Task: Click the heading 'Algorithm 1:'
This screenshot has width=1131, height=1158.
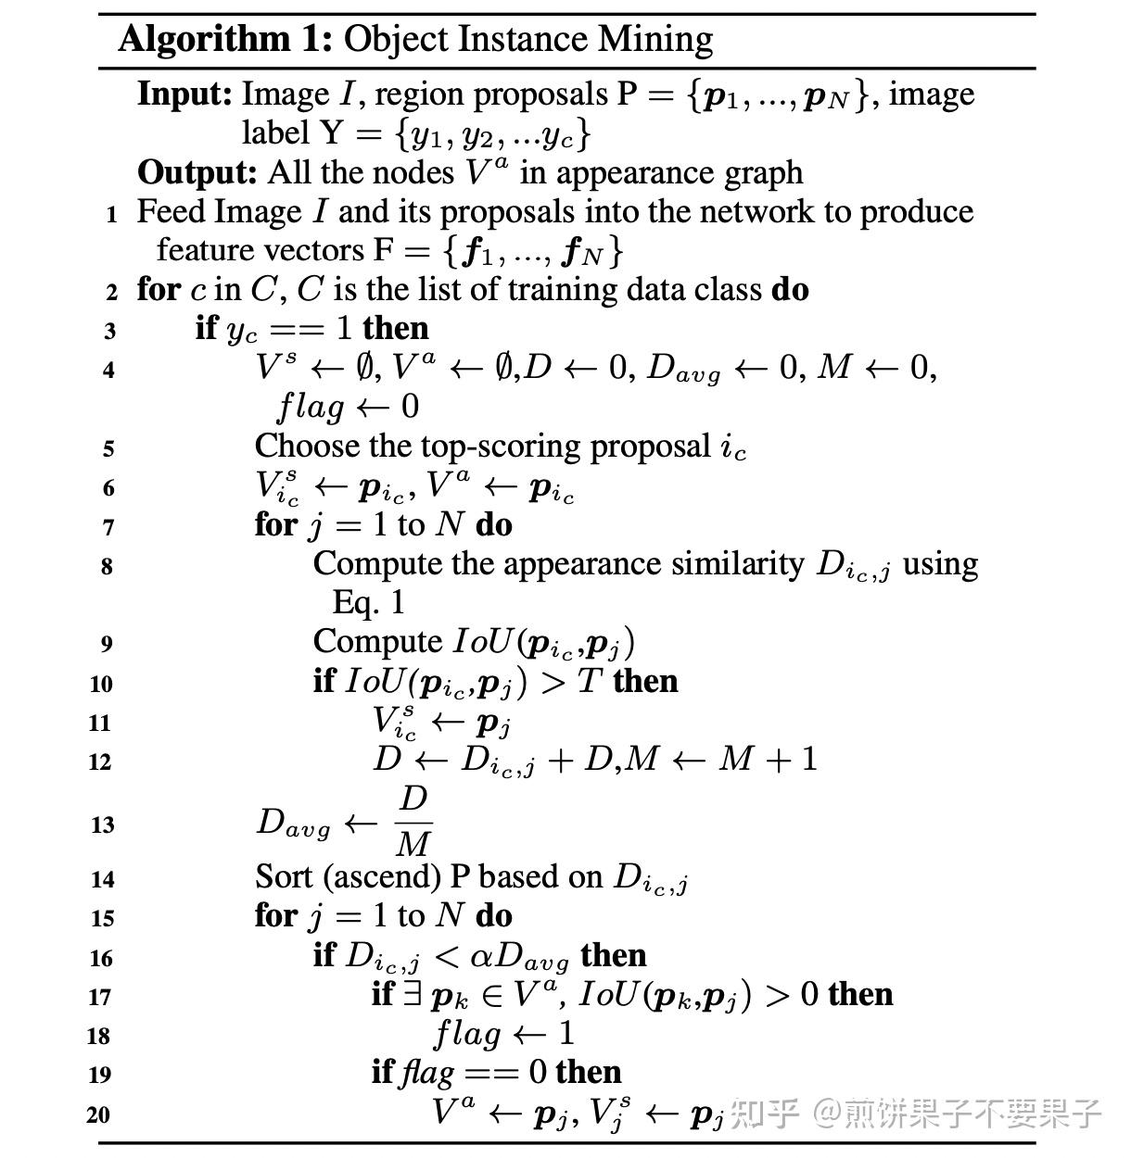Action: point(225,40)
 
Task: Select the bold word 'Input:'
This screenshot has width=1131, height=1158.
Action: point(184,94)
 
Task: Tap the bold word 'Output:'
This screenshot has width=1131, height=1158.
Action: point(197,173)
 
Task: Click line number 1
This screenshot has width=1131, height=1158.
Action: point(111,215)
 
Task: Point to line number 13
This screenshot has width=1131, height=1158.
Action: point(103,824)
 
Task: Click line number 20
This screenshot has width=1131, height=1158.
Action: point(99,1114)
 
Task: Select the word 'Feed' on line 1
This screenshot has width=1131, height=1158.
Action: point(172,212)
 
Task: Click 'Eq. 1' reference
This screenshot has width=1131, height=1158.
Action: point(369,603)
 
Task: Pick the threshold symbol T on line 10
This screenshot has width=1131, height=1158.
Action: point(590,682)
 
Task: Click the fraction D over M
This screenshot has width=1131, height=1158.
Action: point(413,822)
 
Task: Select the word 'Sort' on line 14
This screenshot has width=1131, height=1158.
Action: point(285,876)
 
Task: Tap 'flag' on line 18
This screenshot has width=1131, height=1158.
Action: point(466,1034)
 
